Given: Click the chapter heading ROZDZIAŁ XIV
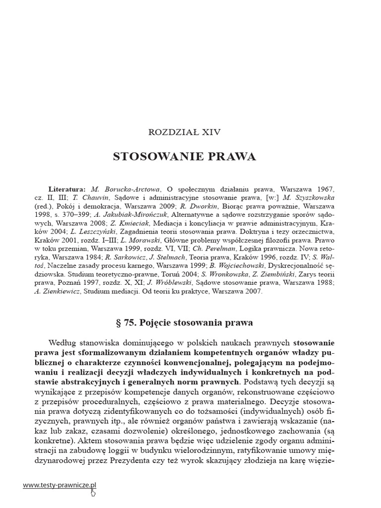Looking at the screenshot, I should (185, 132).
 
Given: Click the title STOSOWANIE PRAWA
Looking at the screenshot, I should (185, 157).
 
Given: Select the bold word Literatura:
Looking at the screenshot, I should (67, 190).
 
